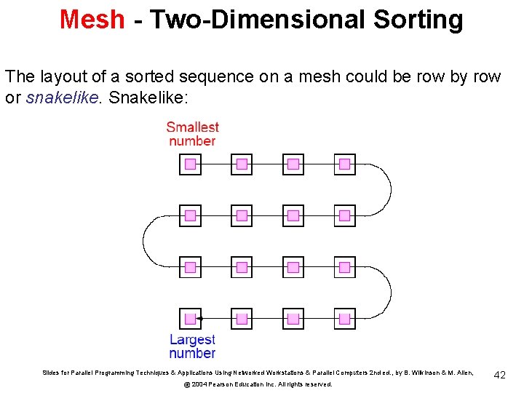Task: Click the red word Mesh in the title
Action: click(92, 20)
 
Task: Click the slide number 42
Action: click(499, 374)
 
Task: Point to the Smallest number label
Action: click(192, 133)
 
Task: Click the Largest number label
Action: click(192, 346)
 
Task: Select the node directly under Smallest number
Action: click(190, 164)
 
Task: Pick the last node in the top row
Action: click(345, 164)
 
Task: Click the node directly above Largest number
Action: click(190, 319)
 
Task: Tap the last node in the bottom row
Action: click(345, 319)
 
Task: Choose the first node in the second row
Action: click(190, 215)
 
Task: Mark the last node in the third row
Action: click(345, 267)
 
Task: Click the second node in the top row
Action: click(242, 164)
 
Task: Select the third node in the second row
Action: click(293, 215)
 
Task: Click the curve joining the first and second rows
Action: click(390, 190)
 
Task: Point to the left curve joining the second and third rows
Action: click(143, 242)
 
